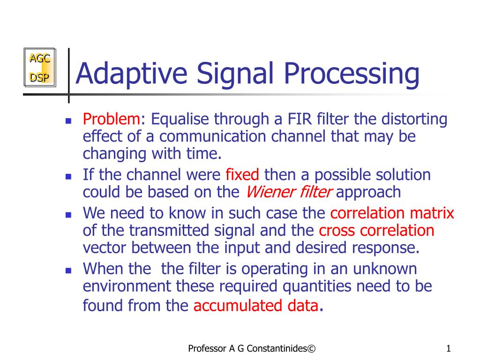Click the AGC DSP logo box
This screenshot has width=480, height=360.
point(40,67)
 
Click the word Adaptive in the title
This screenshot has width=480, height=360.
point(131,74)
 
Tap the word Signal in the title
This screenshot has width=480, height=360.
point(234,74)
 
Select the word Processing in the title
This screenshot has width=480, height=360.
point(352,74)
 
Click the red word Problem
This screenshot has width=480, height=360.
point(112,119)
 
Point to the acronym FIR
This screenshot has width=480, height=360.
point(300,119)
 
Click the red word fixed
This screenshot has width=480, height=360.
point(242,174)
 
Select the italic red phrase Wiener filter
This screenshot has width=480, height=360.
point(289,192)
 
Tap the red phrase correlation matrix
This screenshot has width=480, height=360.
point(392,213)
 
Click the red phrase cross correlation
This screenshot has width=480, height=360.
point(376,231)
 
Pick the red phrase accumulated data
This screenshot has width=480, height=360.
point(256,306)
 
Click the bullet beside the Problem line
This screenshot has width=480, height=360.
point(68,120)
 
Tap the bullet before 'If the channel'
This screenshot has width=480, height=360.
point(68,176)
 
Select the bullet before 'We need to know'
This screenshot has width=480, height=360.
point(68,215)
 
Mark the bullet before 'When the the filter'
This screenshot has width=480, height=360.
point(68,270)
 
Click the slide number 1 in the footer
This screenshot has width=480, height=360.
point(449,348)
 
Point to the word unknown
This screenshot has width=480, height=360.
point(385,269)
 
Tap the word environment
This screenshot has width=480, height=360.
point(127,286)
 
